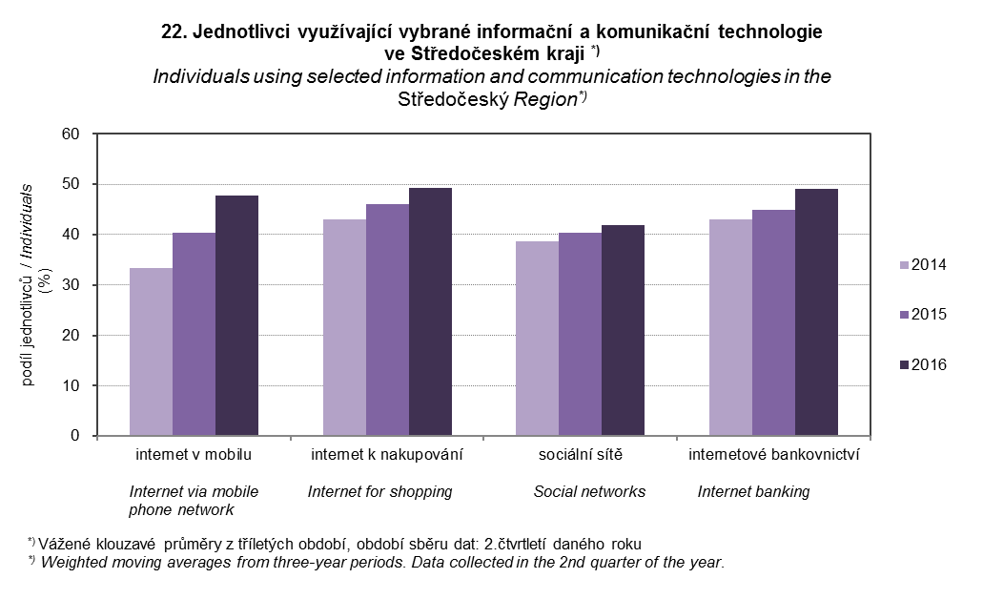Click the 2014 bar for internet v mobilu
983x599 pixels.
[151, 352]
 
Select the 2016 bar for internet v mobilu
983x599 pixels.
[236, 316]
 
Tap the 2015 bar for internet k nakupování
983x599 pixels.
[387, 320]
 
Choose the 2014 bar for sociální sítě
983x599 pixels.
[537, 339]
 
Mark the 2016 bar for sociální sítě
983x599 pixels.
[623, 331]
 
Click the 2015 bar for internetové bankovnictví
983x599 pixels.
[773, 322]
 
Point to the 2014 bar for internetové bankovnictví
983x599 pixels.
[730, 327]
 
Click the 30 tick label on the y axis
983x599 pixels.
[74, 285]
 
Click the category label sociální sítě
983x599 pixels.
[581, 455]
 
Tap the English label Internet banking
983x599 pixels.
[753, 492]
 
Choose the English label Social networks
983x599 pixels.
[589, 492]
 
